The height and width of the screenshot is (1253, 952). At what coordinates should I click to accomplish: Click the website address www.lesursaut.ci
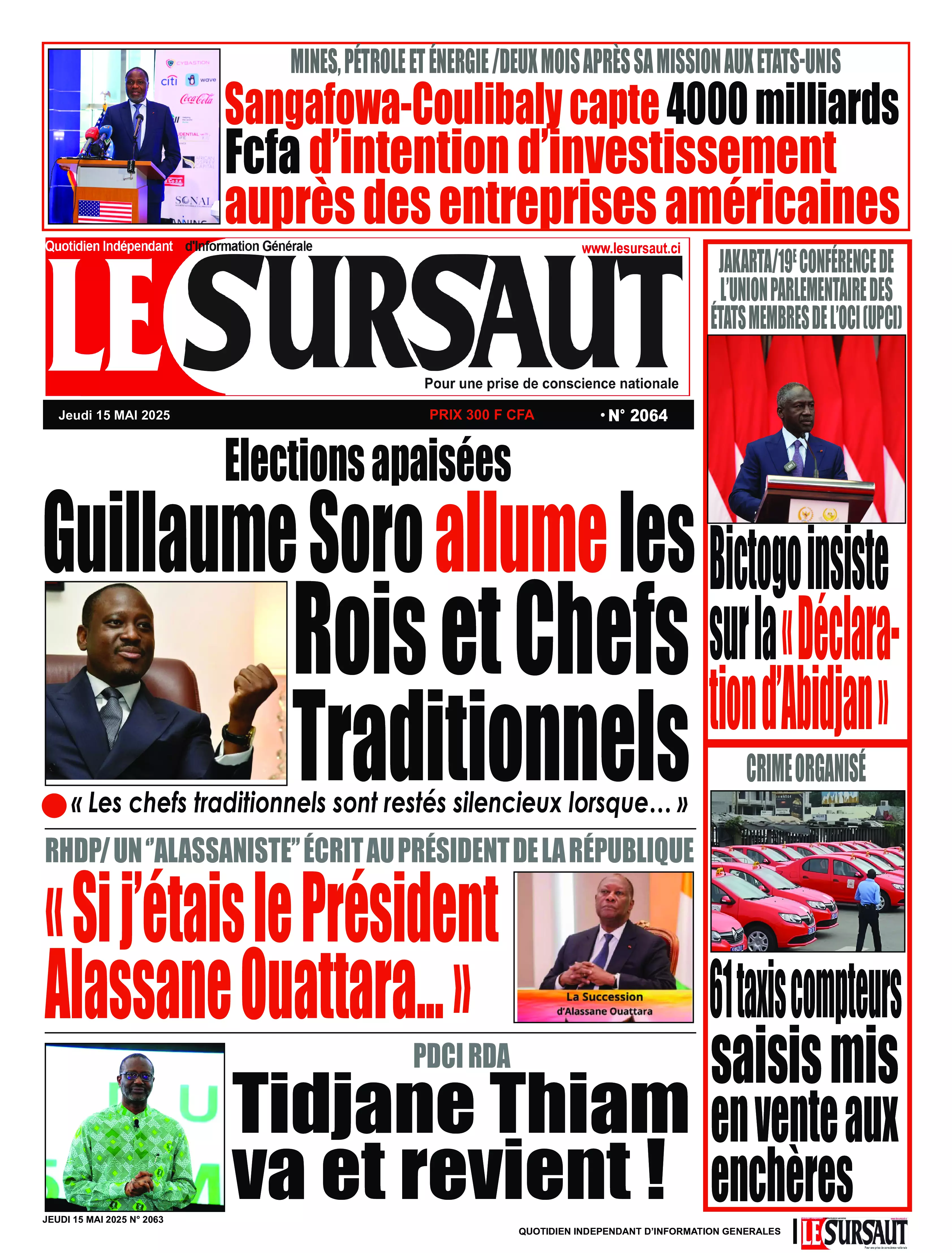pyautogui.click(x=631, y=248)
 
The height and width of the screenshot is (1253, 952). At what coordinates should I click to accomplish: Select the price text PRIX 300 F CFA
pyautogui.click(x=482, y=415)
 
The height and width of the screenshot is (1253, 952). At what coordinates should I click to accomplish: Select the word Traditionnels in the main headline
pyautogui.click(x=490, y=736)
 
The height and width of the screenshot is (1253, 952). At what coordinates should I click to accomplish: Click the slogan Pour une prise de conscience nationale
pyautogui.click(x=551, y=384)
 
